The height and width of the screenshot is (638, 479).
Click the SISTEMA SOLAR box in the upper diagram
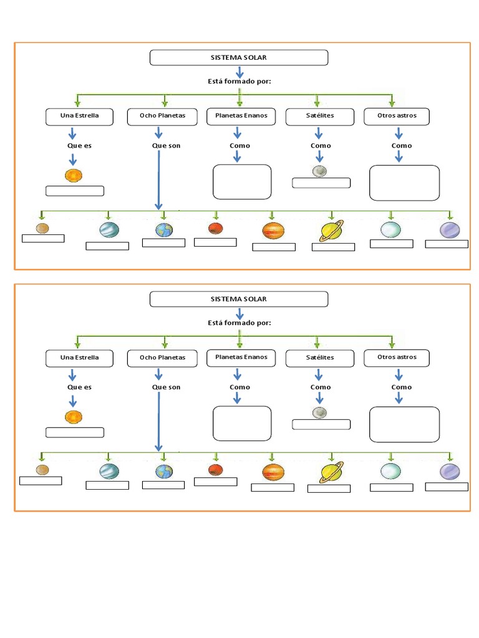click(239, 58)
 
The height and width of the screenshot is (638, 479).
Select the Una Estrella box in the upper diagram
click(79, 116)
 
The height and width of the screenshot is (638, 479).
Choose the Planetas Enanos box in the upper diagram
click(241, 116)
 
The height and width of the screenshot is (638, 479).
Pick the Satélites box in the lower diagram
click(320, 358)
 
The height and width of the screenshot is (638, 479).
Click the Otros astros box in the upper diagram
click(397, 116)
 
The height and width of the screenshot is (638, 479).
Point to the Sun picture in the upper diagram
click(73, 176)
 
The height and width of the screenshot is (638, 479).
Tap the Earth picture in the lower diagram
click(165, 472)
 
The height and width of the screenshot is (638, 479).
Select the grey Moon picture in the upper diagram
click(320, 171)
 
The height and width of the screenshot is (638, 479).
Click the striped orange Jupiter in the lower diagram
click(273, 473)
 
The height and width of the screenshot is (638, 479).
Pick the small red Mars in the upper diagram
click(216, 228)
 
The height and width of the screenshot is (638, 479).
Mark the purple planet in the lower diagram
click(450, 472)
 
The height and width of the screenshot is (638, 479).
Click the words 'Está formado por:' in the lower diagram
click(239, 323)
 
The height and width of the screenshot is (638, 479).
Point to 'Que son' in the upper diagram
click(166, 146)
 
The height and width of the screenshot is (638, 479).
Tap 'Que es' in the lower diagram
click(79, 387)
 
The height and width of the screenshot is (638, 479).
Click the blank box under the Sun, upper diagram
click(75, 191)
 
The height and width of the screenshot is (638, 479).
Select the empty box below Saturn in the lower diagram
click(329, 488)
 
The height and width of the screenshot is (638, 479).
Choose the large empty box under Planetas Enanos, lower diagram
click(242, 423)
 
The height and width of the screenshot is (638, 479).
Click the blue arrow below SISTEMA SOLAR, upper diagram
click(239, 73)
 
